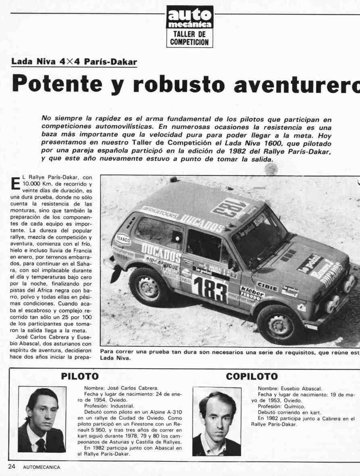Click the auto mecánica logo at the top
tap(190, 18)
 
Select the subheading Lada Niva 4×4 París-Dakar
tap(74, 62)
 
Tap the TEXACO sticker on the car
tap(123, 239)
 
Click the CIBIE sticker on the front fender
tap(267, 287)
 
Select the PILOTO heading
tap(80, 376)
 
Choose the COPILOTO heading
tap(252, 376)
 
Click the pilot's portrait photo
tap(42, 419)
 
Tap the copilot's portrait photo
tap(216, 421)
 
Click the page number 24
tap(12, 467)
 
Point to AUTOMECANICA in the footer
tap(42, 467)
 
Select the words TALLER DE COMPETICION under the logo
tap(189, 38)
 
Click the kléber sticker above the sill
tap(252, 292)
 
